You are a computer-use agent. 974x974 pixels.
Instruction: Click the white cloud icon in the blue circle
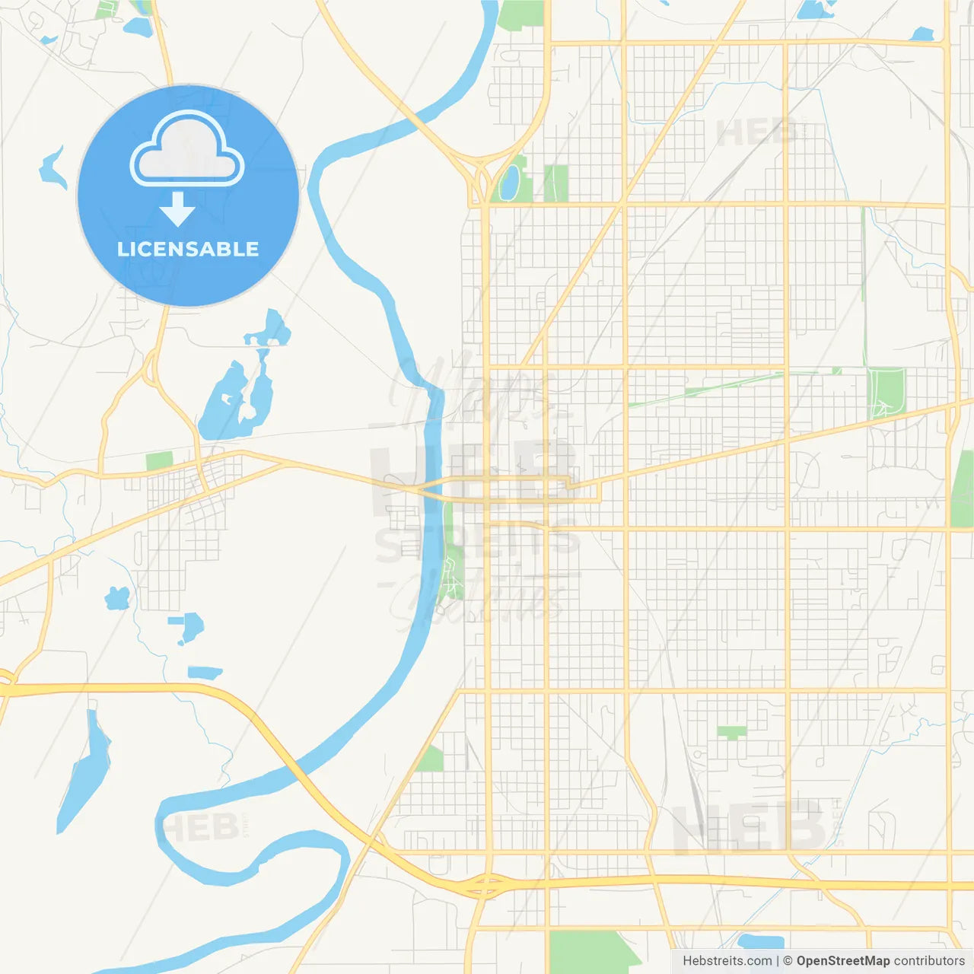187,150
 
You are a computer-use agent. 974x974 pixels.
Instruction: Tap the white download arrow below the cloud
177,208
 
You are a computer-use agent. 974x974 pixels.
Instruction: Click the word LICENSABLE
188,249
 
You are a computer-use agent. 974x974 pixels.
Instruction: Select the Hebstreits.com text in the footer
727,961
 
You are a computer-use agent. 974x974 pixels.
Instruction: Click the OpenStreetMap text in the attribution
842,961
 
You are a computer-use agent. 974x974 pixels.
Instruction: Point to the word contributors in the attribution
928,961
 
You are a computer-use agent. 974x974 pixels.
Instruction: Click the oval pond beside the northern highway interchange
509,181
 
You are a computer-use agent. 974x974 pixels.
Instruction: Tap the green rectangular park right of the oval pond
555,183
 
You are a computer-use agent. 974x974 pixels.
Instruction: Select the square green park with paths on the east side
886,392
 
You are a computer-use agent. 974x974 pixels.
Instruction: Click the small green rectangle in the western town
159,460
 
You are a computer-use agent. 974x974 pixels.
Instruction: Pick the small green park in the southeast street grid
731,732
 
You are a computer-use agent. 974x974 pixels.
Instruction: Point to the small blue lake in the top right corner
922,34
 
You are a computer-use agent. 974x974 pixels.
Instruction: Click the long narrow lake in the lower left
84,772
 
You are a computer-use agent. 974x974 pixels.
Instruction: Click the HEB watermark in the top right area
756,133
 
